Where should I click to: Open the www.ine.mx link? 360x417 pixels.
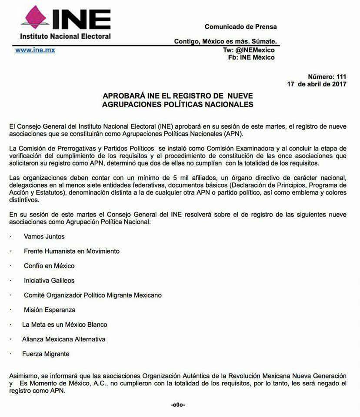(35, 50)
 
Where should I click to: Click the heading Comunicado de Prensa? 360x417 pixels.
(240, 26)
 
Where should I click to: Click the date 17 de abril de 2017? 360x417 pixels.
(317, 84)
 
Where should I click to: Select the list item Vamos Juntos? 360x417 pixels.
(44, 237)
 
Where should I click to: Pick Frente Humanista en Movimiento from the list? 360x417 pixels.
(72, 251)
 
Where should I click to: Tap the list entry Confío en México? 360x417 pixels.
(49, 266)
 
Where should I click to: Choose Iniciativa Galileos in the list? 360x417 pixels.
(49, 281)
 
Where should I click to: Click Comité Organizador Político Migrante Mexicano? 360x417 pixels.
(93, 295)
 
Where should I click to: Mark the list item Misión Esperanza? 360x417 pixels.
(50, 310)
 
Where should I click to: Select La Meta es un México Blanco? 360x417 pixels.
(65, 324)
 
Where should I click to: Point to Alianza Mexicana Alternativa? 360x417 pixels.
(64, 339)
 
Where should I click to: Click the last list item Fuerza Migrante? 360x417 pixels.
(46, 354)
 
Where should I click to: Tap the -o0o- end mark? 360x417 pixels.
(178, 405)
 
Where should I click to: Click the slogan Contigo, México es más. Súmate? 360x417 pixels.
(226, 41)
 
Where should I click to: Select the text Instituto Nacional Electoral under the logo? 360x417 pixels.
(66, 36)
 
